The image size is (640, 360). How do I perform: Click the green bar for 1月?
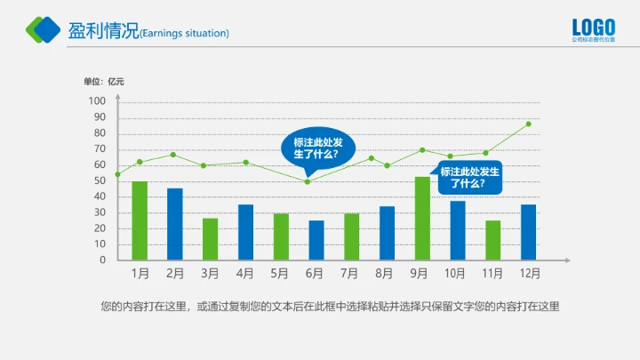(140, 220)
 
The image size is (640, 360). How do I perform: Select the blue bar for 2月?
(175, 224)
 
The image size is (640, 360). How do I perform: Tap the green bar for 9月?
(422, 218)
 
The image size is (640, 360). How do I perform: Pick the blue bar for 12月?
(529, 232)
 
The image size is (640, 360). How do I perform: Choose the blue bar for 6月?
(316, 240)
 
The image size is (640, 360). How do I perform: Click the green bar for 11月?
(493, 240)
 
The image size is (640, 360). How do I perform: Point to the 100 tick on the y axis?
(97, 100)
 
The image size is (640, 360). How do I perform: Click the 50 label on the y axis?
(100, 180)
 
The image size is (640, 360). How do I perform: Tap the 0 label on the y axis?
(102, 260)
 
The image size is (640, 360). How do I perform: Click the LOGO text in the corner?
(593, 27)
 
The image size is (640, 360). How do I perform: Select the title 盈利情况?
(103, 31)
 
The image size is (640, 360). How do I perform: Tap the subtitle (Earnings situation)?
(185, 34)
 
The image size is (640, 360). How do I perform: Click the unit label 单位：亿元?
(104, 82)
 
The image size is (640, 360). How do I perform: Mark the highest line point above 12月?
(529, 124)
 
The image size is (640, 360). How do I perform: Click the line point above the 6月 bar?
(308, 181)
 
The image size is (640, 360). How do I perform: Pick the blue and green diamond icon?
(43, 29)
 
